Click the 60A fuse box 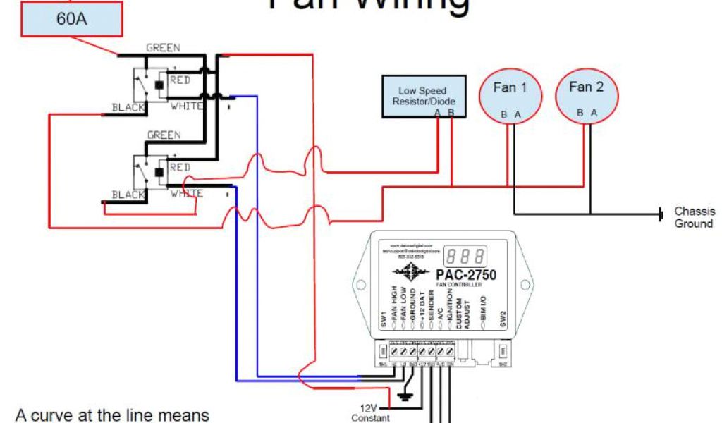71,20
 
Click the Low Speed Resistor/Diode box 422,97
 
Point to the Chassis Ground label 695,217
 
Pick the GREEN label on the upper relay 163,48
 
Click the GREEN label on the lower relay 164,135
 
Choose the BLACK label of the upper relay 128,108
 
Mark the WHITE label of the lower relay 186,193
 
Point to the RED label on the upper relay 180,80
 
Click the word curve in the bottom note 49,415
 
